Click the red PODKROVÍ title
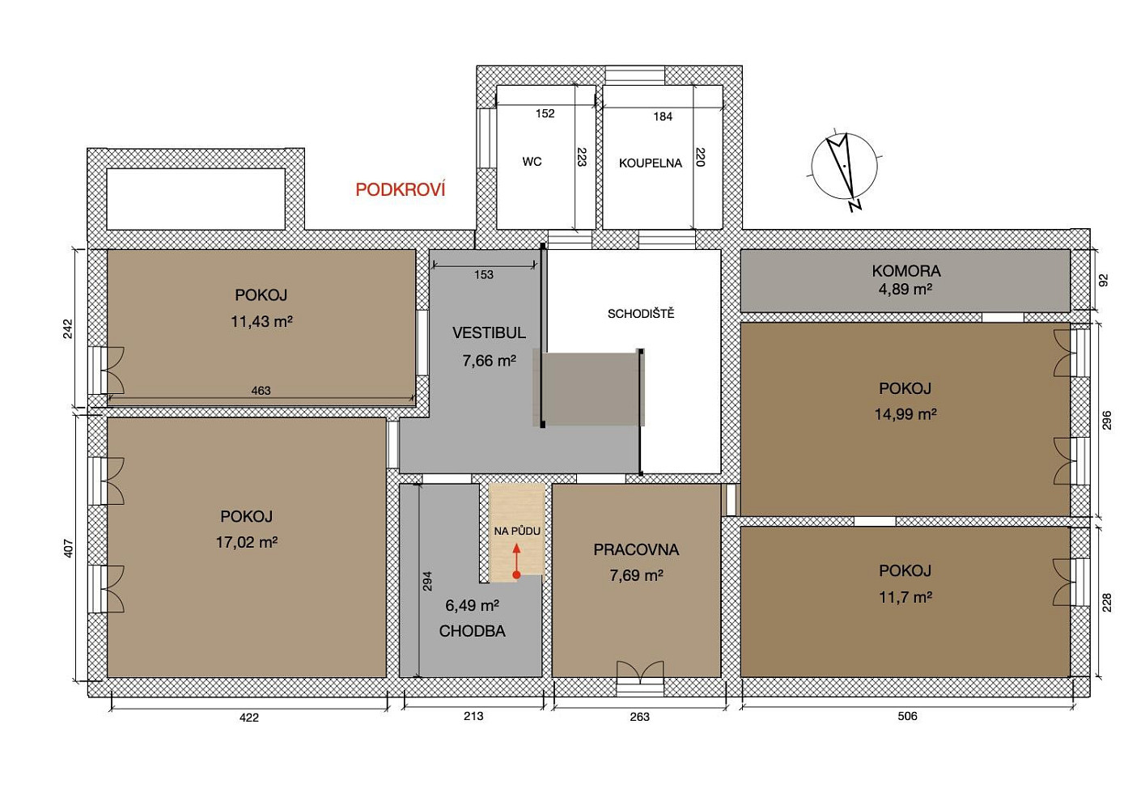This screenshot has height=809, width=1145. tap(401, 189)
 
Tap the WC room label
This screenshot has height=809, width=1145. tap(532, 162)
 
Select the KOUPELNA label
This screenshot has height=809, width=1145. tap(651, 163)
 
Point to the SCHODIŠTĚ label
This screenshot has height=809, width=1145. tap(641, 314)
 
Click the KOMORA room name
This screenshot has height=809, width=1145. tap(906, 271)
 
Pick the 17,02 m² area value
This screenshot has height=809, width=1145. tap(246, 542)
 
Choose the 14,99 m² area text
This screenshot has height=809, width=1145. tap(905, 413)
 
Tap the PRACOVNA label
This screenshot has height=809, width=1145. tap(636, 549)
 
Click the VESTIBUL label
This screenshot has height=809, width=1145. tap(489, 332)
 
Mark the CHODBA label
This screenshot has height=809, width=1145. tap(472, 631)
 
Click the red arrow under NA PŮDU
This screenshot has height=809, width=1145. tap(516, 561)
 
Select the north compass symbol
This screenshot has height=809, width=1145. tap(845, 168)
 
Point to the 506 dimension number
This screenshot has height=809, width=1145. tap(907, 716)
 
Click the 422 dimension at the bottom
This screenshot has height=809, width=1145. tap(249, 718)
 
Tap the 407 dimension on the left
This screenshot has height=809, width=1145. tap(69, 549)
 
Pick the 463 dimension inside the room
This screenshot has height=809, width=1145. tap(261, 391)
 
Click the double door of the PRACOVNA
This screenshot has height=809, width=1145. tap(640, 671)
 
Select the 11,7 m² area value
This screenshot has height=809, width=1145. tap(905, 597)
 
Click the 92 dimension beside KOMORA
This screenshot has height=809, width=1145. tap(1104, 280)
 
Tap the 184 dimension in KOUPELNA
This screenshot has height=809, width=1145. tap(663, 116)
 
